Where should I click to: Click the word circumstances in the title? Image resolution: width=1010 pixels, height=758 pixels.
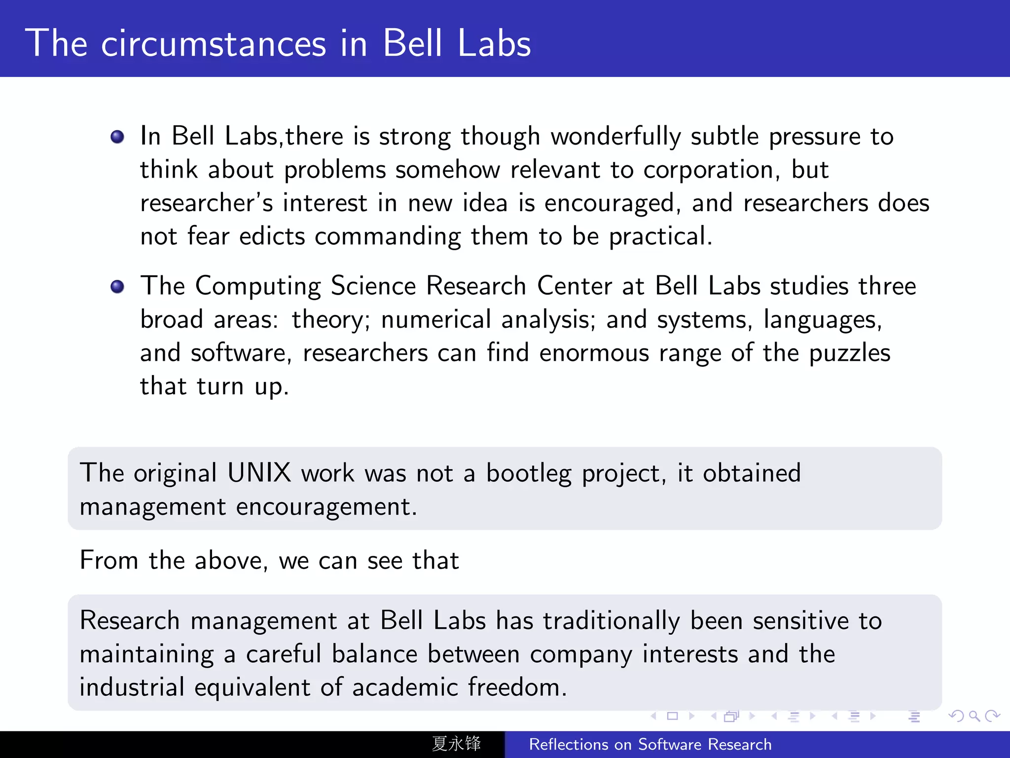click(214, 43)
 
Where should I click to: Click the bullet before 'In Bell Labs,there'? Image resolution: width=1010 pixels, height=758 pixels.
click(117, 137)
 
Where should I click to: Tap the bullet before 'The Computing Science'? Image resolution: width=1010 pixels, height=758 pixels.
click(117, 286)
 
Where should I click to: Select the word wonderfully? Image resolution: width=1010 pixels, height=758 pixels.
click(615, 137)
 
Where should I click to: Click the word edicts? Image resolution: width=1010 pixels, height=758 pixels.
click(272, 236)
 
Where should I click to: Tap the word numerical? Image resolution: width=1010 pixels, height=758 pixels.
click(436, 320)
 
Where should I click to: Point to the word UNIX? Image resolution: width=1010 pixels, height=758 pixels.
click(259, 473)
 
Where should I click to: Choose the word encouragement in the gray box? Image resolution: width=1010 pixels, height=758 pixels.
click(326, 507)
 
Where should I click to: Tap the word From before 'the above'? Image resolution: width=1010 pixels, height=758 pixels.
click(109, 561)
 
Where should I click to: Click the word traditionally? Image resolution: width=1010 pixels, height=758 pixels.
click(612, 621)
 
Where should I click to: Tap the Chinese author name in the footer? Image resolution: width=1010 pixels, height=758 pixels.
click(456, 744)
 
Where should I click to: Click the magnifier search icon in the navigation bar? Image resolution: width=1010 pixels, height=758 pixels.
click(974, 716)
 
